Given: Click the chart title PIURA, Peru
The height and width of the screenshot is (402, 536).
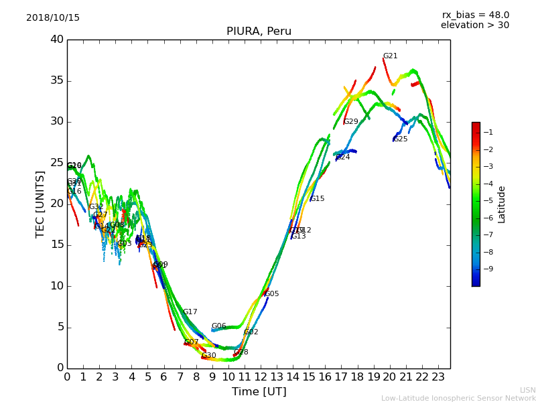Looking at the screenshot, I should tap(259, 31).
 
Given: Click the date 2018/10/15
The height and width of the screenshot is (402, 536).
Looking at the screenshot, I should tap(53, 18).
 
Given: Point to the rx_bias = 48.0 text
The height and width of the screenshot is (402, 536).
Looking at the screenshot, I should tap(475, 15).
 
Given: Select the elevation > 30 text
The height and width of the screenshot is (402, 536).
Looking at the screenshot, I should tap(474, 25).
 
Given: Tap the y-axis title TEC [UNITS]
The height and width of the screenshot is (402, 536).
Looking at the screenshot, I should tap(40, 204).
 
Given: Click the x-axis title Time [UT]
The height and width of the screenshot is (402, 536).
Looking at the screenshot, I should tap(259, 391).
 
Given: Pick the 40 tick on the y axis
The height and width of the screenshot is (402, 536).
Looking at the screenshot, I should tap(57, 40).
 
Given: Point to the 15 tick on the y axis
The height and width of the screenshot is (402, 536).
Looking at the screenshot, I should tap(57, 245).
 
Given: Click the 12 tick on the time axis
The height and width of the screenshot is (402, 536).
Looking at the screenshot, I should tap(261, 377).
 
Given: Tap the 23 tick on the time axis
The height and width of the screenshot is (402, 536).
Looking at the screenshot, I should tap(438, 377).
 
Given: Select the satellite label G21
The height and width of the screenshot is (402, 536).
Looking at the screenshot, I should tap(390, 56).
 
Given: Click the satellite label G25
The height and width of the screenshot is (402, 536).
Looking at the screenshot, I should tap(400, 139).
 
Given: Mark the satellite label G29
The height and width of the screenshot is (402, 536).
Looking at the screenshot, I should tap(351, 122).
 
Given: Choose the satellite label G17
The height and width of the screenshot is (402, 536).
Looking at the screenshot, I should tap(190, 312).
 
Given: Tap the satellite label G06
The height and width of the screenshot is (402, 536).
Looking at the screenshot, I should tap(218, 326).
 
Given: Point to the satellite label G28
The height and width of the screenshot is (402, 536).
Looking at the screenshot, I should tap(241, 352).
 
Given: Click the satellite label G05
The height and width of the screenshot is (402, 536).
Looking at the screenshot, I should tap(272, 294).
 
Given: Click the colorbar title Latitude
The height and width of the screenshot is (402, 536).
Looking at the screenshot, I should tap(502, 204).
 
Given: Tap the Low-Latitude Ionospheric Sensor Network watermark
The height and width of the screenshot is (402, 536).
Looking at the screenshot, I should tap(458, 398).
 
